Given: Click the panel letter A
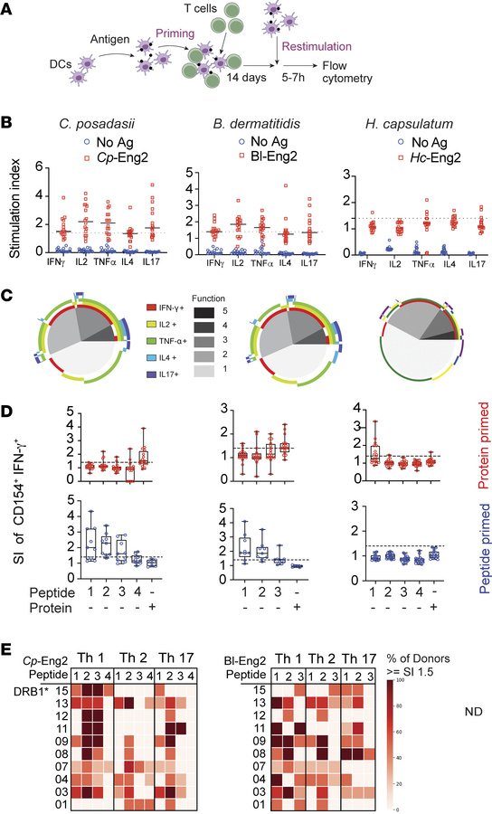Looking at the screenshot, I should click(x=10, y=8).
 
